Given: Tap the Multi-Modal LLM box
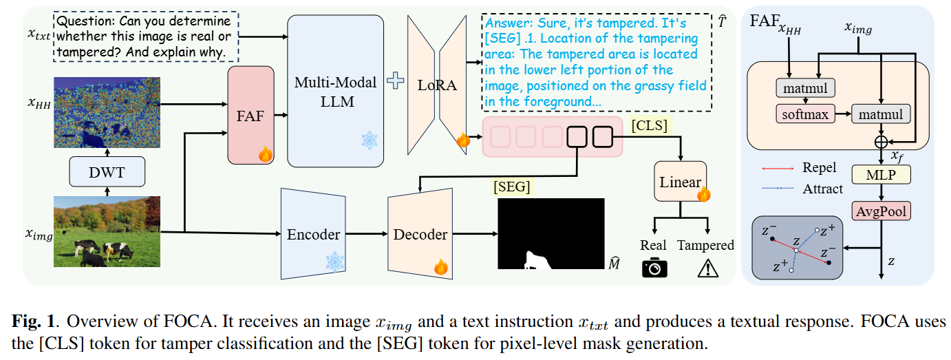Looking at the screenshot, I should click(335, 91).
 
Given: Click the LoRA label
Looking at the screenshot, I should click(437, 85).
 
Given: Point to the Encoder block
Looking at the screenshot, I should click(313, 234).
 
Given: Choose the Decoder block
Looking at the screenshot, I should click(420, 234).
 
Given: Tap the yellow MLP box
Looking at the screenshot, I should click(881, 175).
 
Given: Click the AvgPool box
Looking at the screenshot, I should click(881, 211).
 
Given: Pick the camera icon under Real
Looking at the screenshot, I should click(654, 267).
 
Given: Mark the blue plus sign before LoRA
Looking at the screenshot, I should click(396, 82).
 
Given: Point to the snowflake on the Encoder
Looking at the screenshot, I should click(335, 262).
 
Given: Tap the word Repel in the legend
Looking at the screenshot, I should click(819, 168).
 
